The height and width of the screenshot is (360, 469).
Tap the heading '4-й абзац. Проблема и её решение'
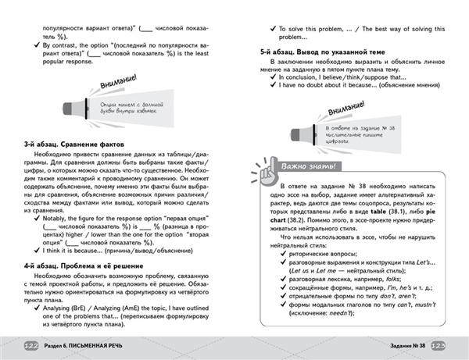87,266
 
